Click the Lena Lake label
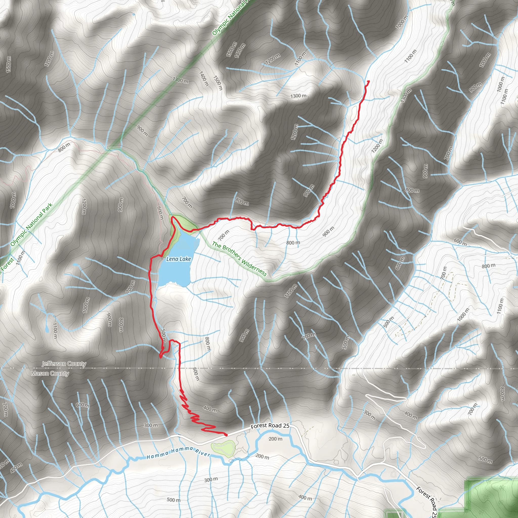click(179, 259)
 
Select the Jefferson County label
click(64, 364)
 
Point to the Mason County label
click(50, 374)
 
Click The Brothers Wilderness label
click(240, 259)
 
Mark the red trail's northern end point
click(369, 81)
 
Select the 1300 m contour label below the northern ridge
click(298, 96)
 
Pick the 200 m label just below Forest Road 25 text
click(275, 439)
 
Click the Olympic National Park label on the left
click(31, 225)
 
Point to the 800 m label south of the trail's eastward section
click(293, 243)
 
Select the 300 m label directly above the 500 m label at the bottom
click(211, 480)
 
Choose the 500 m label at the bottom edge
click(174, 500)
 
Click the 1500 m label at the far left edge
click(9, 64)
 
